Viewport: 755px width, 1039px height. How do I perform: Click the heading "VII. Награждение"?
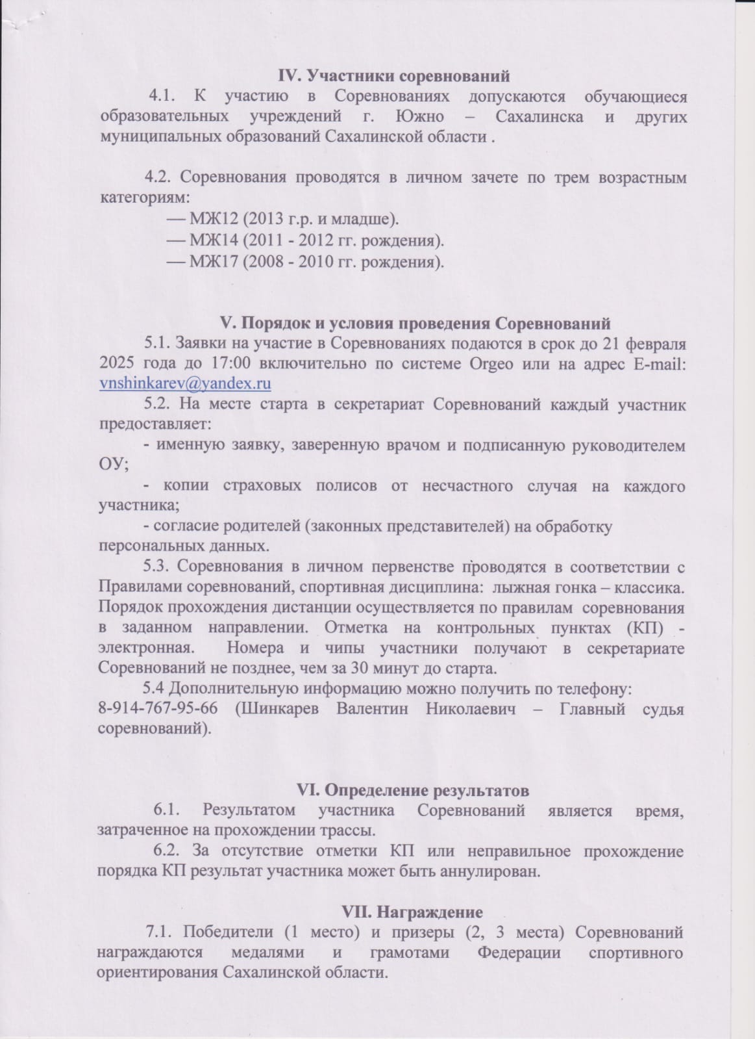click(412, 912)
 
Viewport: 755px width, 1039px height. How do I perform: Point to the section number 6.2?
click(166, 851)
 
